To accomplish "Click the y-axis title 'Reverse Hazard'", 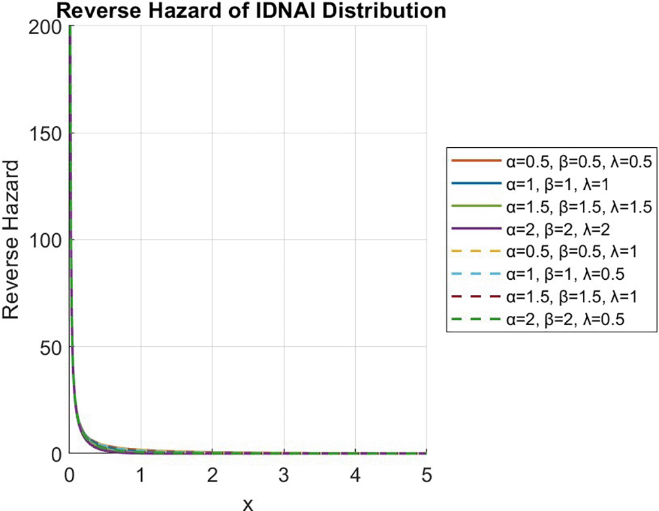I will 13,240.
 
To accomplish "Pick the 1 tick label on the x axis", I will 140,474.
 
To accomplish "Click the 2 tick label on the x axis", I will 212,474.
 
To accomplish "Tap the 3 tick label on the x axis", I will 284,474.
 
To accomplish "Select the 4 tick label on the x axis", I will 355,474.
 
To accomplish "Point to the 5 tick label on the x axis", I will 426,474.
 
